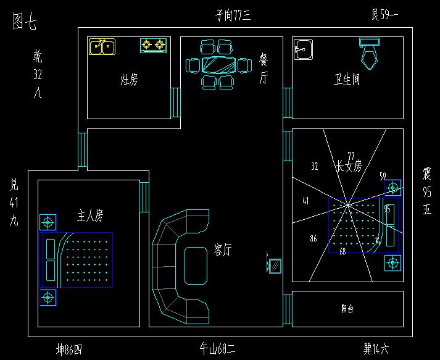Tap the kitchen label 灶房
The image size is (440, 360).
(128, 79)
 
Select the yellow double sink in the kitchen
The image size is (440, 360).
(102, 46)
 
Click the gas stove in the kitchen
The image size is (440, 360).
(154, 45)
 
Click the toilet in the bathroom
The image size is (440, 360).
(370, 52)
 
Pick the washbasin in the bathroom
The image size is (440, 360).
(302, 50)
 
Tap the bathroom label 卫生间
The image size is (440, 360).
(347, 81)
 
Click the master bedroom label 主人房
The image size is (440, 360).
(89, 216)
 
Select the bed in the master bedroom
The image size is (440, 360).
(77, 260)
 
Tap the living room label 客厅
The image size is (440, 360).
(223, 249)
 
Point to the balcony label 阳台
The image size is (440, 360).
(347, 308)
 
